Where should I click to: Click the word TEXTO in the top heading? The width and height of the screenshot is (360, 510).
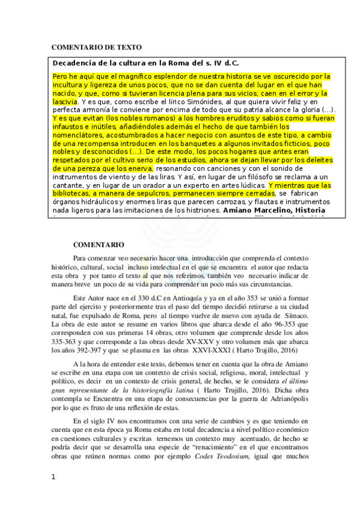pyautogui.click(x=128, y=47)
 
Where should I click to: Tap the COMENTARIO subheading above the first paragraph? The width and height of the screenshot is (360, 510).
pyautogui.click(x=99, y=245)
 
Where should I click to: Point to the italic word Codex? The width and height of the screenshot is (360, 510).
pyautogui.click(x=209, y=455)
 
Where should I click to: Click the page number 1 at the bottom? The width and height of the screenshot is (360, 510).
pyautogui.click(x=54, y=494)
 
